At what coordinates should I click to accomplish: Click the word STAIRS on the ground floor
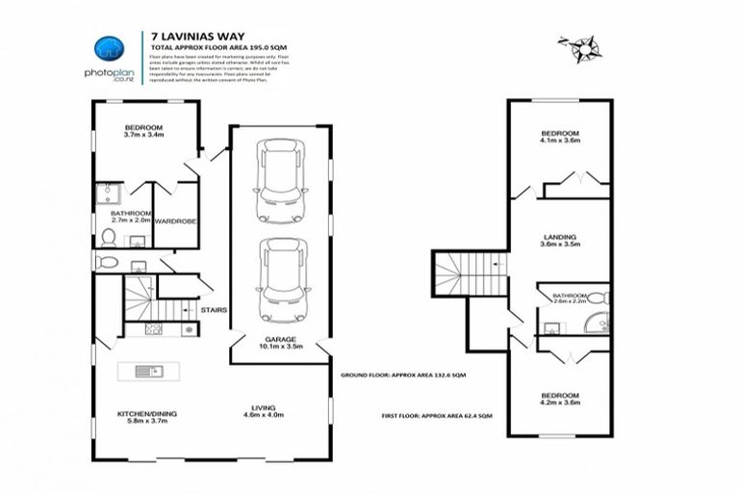click(x=213, y=310)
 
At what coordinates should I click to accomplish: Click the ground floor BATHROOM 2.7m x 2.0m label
click(x=130, y=217)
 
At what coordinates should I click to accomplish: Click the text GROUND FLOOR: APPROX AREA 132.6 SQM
click(x=401, y=376)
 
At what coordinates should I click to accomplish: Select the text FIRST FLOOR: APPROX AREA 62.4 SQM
click(x=438, y=415)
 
